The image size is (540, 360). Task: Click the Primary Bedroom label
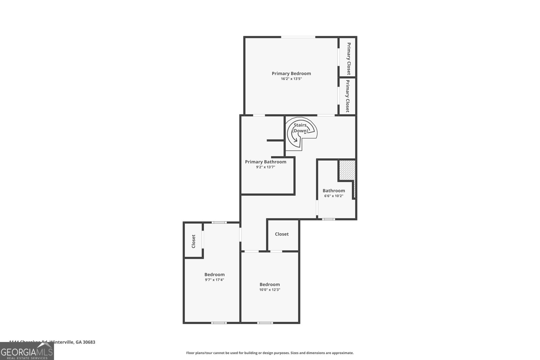(291, 73)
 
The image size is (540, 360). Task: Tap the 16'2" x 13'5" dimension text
(291, 79)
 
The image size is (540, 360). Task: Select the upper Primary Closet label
(348, 59)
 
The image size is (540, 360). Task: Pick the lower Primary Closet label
(347, 96)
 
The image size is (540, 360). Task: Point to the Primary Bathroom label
(266, 162)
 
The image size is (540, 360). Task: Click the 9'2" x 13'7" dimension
(266, 167)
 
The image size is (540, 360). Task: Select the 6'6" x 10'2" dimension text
(333, 196)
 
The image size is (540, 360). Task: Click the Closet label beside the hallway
(282, 234)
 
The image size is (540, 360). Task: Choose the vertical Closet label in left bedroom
(193, 241)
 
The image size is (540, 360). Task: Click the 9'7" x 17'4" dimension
(214, 280)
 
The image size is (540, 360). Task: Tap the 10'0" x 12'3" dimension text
(270, 290)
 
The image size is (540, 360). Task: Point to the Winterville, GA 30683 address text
(72, 342)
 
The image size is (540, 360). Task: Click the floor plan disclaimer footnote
(270, 353)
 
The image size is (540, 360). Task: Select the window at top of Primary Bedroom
(298, 37)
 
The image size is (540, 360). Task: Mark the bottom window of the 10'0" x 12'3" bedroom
(265, 323)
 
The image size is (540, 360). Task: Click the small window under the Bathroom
(328, 219)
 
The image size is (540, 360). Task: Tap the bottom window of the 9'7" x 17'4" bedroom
(219, 323)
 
